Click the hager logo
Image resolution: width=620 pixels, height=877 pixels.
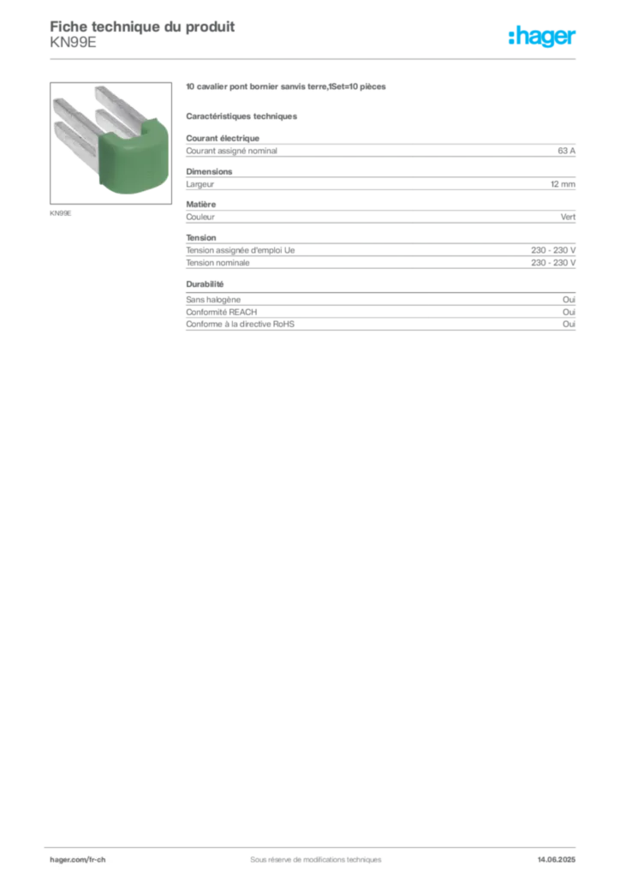(x=542, y=36)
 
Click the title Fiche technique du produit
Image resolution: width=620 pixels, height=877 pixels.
(x=142, y=27)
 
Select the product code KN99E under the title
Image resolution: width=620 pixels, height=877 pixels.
(x=74, y=43)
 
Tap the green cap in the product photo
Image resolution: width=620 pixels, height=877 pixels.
(x=134, y=158)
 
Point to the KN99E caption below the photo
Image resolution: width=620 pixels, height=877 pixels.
(x=61, y=213)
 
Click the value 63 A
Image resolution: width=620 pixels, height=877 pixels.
(x=566, y=151)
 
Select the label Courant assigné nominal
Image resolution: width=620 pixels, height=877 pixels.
(x=231, y=151)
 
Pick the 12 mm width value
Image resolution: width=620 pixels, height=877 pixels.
(x=563, y=184)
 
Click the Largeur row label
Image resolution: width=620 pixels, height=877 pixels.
(x=200, y=184)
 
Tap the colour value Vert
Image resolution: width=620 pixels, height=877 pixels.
(x=568, y=217)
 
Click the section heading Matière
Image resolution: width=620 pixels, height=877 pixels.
(x=200, y=204)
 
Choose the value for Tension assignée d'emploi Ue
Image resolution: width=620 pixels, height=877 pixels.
(x=553, y=250)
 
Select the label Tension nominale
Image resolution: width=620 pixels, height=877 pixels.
(x=218, y=262)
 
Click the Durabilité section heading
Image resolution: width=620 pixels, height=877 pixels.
(x=205, y=284)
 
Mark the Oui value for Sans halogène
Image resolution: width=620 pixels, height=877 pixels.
(x=569, y=300)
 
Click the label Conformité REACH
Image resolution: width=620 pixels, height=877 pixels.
(x=222, y=312)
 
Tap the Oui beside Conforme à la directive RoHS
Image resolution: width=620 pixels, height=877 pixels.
(x=569, y=324)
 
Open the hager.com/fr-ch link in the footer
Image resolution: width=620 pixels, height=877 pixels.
(x=78, y=860)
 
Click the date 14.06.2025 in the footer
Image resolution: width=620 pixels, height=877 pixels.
(x=557, y=860)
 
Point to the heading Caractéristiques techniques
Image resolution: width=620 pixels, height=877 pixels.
(x=241, y=116)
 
